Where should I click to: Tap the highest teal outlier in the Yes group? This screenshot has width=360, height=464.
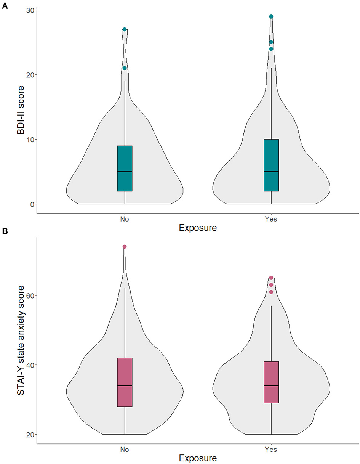(271, 16)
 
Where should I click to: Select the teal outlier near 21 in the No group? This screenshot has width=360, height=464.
(125, 68)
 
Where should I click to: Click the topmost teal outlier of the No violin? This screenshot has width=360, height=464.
(125, 29)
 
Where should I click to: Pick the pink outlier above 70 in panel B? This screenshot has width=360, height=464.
(125, 247)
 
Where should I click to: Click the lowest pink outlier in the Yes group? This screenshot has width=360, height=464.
(271, 292)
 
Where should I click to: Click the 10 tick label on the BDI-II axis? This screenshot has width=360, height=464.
(29, 140)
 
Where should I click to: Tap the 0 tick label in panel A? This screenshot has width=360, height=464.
(30, 204)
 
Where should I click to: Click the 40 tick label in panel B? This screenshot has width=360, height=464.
(29, 365)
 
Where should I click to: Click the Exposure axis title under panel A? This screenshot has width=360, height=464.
(198, 228)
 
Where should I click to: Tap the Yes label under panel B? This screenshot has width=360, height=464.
(271, 450)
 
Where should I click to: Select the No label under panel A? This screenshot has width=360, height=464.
(125, 219)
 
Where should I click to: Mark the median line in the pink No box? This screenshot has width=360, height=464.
(125, 385)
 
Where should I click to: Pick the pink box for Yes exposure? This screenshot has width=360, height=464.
(271, 376)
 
